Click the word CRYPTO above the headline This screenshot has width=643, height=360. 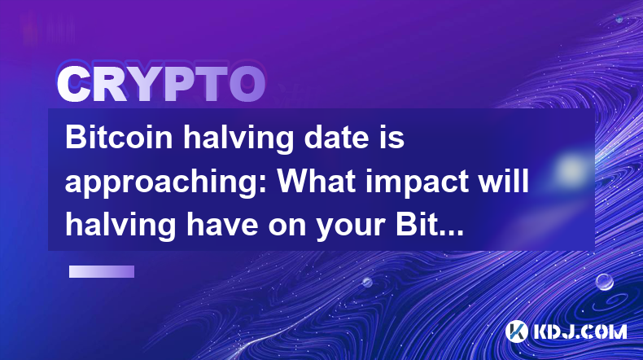point(161,85)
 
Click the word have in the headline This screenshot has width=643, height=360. point(223,224)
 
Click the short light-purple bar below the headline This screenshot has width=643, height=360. point(102,272)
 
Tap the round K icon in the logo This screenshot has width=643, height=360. point(516,331)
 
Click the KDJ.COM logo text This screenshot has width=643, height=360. point(580,331)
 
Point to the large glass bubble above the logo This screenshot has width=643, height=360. point(605,282)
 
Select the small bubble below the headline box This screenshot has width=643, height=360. point(367,283)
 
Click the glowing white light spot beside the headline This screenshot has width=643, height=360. point(571,169)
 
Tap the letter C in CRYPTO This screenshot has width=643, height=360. point(74,85)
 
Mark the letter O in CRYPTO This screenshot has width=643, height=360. point(247,85)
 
